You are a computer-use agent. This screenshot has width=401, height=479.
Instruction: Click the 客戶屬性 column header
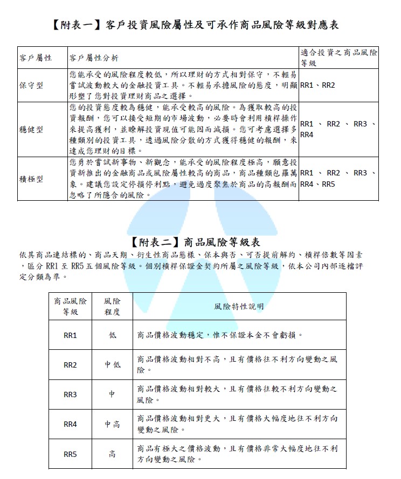click(x=36, y=58)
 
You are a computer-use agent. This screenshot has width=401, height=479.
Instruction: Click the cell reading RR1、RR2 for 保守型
click(x=317, y=86)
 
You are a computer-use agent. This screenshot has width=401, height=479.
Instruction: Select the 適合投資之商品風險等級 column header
click(x=338, y=58)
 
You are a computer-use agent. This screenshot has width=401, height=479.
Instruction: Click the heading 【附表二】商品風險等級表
click(x=196, y=242)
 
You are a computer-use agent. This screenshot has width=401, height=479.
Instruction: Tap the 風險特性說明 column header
click(x=239, y=306)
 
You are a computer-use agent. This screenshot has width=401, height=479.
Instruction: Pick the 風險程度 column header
click(x=112, y=306)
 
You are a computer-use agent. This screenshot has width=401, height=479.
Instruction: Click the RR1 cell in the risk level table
click(x=70, y=335)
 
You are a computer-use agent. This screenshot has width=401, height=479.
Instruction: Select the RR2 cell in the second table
click(x=70, y=365)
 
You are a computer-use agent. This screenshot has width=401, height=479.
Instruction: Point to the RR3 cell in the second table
click(x=70, y=395)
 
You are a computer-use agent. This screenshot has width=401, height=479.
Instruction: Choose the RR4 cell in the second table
click(x=70, y=424)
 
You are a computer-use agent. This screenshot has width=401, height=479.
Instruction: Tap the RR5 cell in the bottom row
click(x=70, y=454)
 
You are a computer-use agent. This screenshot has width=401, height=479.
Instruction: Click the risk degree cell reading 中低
click(x=112, y=365)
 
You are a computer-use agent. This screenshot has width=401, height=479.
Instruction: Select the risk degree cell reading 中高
click(x=112, y=424)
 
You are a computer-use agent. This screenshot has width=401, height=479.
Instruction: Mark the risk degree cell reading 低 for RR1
click(x=112, y=335)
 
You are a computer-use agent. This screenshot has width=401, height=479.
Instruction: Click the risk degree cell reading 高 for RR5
click(x=112, y=454)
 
